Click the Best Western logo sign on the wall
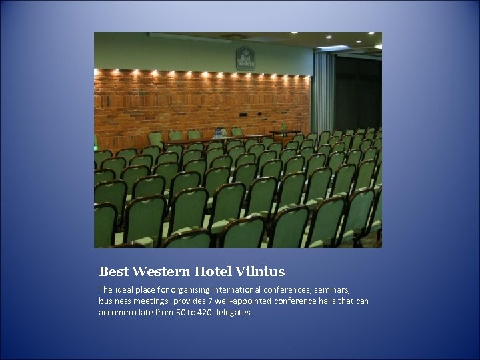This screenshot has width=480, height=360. [x=245, y=58]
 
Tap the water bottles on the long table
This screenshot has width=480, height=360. [x=218, y=133]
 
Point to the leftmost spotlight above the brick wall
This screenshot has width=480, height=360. [x=97, y=71]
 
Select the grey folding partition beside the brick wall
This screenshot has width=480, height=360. [x=323, y=93]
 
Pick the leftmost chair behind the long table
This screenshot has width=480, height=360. [x=155, y=137]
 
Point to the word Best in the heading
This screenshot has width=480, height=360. [x=113, y=271]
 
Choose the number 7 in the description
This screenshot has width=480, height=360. [x=217, y=301]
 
